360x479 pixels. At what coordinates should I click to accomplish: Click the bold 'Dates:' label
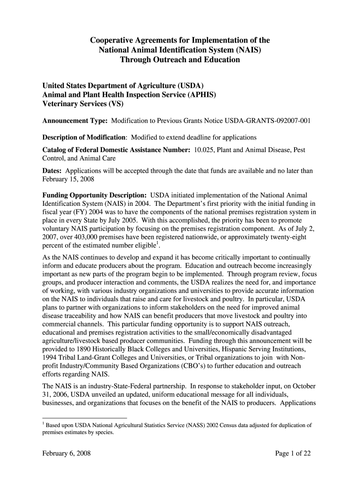click(53, 171)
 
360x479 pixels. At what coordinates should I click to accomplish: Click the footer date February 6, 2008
click(66, 453)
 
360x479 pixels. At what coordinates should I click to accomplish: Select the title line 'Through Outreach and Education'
click(180, 60)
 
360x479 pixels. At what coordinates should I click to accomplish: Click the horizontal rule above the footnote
click(85, 417)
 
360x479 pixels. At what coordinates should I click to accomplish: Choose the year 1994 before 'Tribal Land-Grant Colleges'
click(50, 357)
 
